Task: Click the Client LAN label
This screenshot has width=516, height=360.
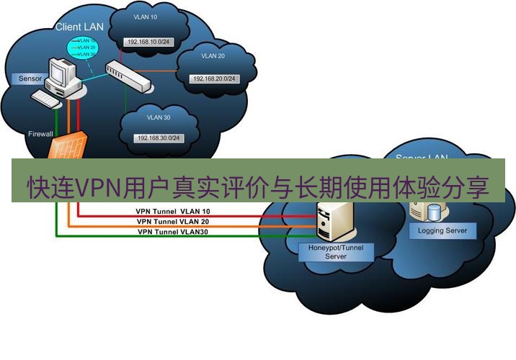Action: (x=79, y=27)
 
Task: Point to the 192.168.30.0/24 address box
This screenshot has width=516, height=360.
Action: (x=157, y=138)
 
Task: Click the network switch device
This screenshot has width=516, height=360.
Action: (x=130, y=76)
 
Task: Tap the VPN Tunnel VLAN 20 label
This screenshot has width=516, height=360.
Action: (x=173, y=222)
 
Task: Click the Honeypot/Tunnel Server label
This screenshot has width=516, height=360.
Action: (x=331, y=251)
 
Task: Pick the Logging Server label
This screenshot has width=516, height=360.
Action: (x=442, y=231)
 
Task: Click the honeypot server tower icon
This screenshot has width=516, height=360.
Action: (x=335, y=222)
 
